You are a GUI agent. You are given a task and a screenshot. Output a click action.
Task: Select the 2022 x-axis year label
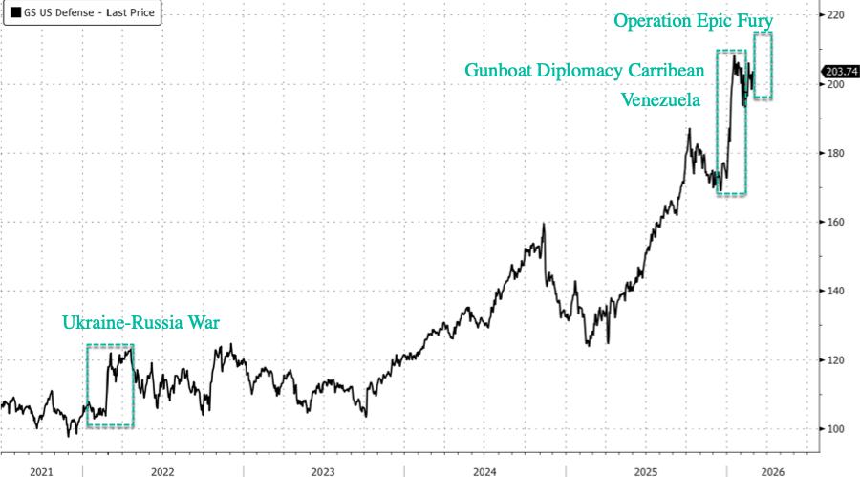point(161,470)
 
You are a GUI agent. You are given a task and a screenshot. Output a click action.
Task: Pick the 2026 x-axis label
point(771,470)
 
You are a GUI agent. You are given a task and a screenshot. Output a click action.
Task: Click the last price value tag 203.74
point(840,71)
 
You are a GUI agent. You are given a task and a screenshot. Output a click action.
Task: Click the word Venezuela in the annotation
point(661,98)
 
